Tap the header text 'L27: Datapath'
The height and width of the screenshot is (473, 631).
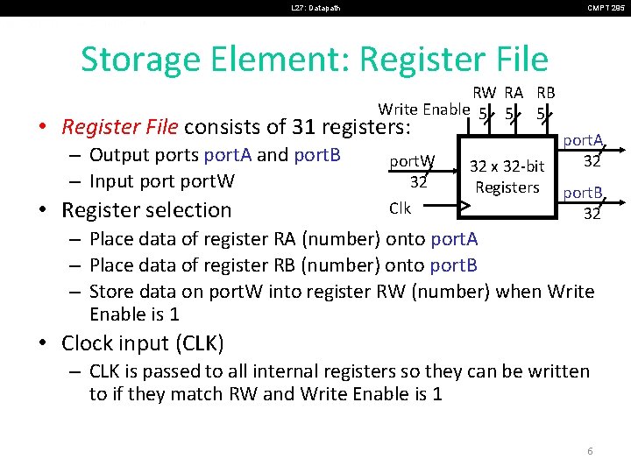tap(315, 9)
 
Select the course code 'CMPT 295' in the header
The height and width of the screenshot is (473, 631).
tap(605, 9)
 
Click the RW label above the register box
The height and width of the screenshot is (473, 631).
tap(485, 93)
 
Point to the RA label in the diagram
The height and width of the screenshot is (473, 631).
tap(514, 93)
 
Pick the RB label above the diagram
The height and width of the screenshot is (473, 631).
tap(545, 93)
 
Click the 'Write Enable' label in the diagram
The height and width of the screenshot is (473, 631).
tap(423, 109)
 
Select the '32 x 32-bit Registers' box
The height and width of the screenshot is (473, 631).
tap(507, 176)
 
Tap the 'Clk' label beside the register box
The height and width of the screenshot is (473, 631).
tap(400, 208)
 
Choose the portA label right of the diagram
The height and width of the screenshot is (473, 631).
tap(582, 140)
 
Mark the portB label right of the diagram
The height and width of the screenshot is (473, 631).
tap(582, 193)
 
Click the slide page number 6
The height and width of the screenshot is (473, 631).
tap(590, 451)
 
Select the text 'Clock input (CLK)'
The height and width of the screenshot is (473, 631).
tap(143, 342)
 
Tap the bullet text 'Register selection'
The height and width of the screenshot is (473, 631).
tap(146, 210)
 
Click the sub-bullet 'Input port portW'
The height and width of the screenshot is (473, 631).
tap(162, 181)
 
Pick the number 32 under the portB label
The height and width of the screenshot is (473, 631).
tap(592, 212)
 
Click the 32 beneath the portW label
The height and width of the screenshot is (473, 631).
tap(418, 181)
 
